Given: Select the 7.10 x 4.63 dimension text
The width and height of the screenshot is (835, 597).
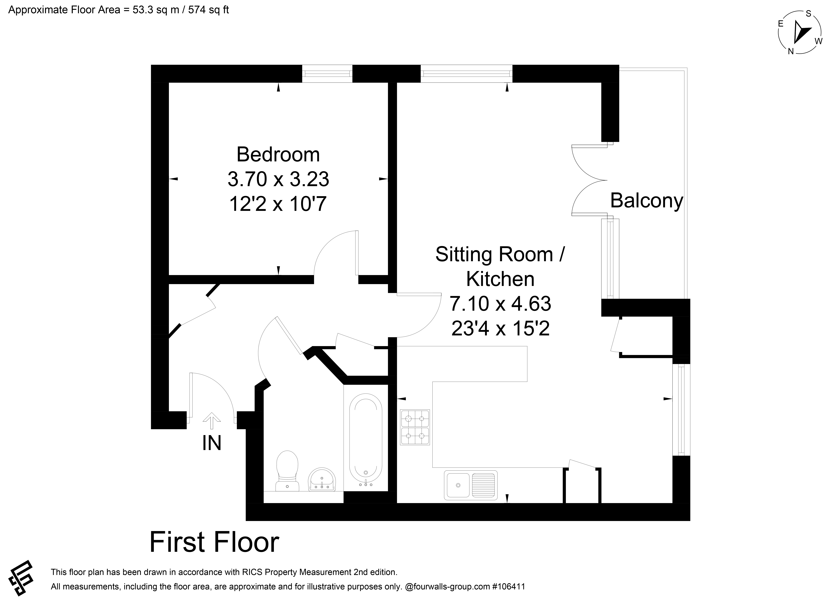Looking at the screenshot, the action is [500, 304].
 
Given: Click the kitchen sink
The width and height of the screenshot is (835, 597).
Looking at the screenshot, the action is [471, 485].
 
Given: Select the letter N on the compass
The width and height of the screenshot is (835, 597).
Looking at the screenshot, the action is [791, 52].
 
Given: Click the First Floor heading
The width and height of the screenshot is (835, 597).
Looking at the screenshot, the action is [214, 542].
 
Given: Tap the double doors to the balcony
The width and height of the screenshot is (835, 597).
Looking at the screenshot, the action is [589, 180].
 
